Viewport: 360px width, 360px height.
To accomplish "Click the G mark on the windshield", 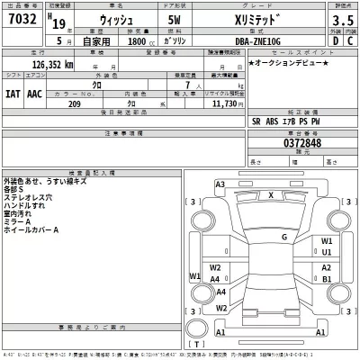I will pos(283,237).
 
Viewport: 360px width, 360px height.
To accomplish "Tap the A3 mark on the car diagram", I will pos(220,184).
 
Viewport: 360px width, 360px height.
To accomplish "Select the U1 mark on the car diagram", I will pos(327,253).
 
